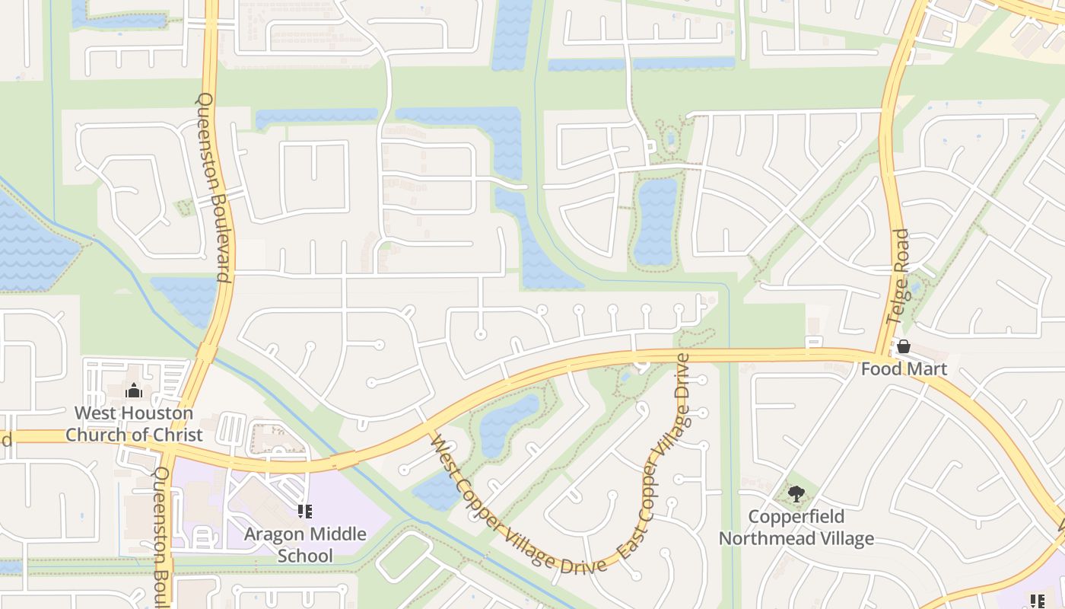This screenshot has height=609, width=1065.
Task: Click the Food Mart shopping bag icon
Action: [x=904, y=347]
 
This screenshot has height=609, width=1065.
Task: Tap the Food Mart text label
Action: [x=904, y=369]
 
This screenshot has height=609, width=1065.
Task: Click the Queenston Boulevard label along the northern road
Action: [x=214, y=187]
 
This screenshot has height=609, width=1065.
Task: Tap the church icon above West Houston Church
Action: [x=134, y=391]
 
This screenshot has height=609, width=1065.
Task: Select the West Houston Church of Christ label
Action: [x=134, y=424]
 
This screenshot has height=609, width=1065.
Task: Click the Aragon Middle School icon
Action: [x=305, y=512]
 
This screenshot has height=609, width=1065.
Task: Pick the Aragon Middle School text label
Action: [x=305, y=545]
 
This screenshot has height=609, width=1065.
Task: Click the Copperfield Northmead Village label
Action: [x=796, y=528]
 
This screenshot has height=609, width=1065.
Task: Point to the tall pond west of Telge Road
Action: [x=656, y=221]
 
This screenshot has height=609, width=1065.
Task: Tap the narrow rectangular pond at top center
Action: [x=512, y=34]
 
